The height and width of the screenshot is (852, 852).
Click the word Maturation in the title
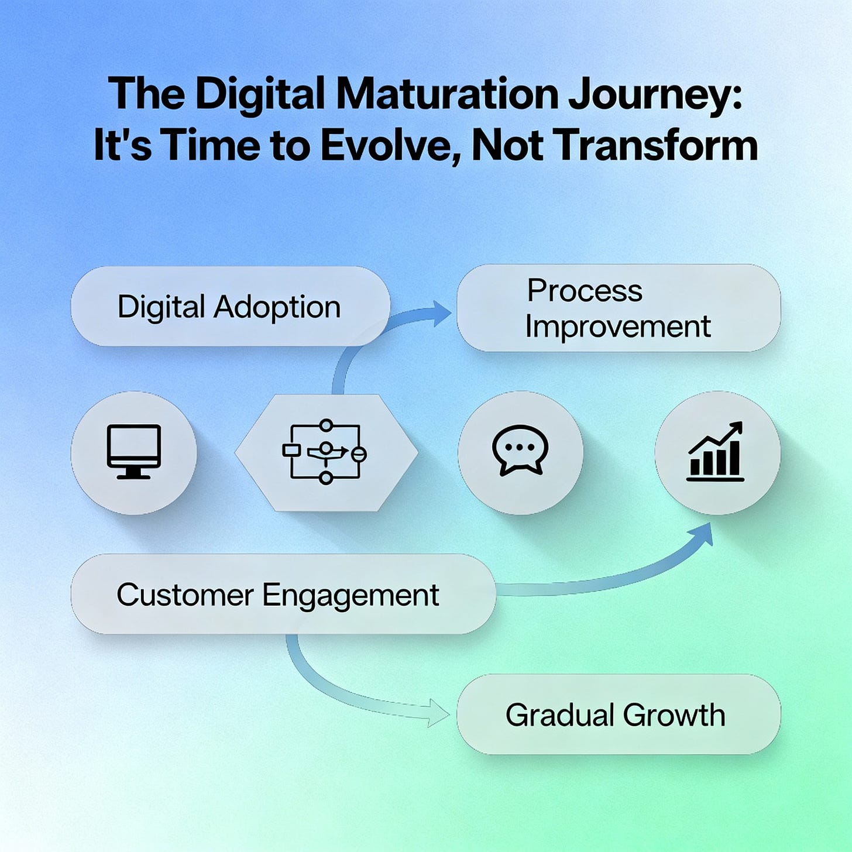pos(448,94)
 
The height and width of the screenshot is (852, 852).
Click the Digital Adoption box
pos(231,306)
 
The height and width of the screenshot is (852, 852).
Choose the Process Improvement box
pos(619,308)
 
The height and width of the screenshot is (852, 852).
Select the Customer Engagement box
pos(283,594)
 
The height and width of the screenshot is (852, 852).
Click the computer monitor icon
pos(134,451)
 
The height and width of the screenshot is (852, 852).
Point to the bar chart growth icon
pos(716,451)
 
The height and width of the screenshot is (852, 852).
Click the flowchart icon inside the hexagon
pos(325,452)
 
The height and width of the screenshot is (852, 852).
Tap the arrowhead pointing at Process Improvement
pos(441,314)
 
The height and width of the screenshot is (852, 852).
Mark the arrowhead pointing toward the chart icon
pos(702,535)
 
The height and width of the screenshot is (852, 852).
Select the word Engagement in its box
pos(351,596)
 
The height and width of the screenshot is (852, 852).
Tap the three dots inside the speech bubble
pos(520,446)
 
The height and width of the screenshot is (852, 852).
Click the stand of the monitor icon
pos(134,473)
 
